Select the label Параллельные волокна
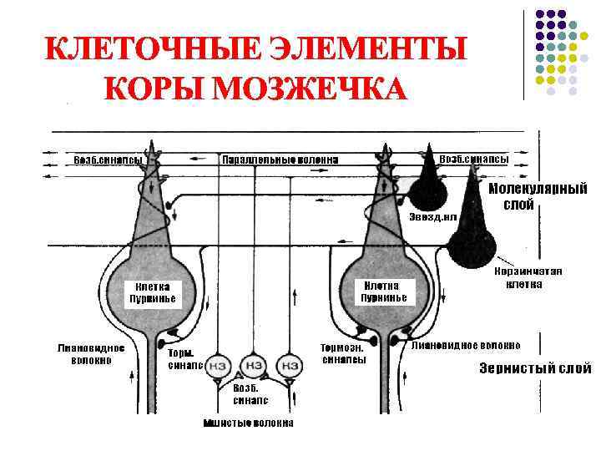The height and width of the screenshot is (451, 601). tap(280, 160)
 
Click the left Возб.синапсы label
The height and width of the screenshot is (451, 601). tap(109, 159)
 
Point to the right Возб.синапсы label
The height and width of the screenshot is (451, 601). tap(473, 159)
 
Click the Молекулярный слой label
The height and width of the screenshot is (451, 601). tap(538, 196)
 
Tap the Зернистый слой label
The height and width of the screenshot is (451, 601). tap(535, 368)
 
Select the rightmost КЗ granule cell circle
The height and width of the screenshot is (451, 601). tap(290, 365)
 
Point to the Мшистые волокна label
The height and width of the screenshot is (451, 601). tap(249, 423)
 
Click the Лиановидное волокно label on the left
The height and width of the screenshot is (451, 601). tap(92, 354)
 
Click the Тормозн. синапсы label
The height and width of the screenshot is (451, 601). tap(344, 353)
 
